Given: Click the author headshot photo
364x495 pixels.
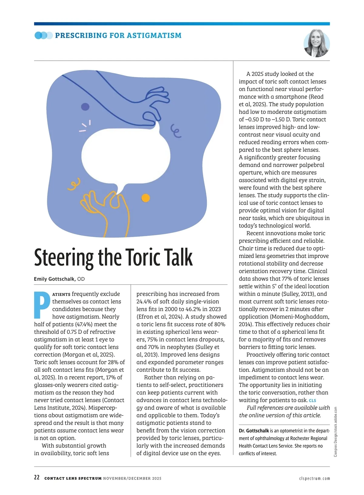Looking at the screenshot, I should coord(316,43).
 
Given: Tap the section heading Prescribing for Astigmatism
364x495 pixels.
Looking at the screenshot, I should coord(118,36).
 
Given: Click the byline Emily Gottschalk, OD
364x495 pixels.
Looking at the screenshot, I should coord(59,279).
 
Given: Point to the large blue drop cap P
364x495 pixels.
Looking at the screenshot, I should coord(42,305).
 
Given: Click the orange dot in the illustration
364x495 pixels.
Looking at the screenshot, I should coord(146,198).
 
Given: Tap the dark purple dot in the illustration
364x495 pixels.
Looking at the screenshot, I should coord(85,107).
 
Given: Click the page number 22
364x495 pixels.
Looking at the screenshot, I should coord(37,477).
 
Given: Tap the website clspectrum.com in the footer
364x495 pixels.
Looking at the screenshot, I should coord(314,478).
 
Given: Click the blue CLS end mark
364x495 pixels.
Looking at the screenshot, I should coord(312,401).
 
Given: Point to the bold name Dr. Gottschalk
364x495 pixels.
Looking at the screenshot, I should coord(254,431).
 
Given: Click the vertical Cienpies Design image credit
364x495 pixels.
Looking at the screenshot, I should coord(335,431).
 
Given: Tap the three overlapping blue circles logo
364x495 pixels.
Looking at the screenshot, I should coord(44,36).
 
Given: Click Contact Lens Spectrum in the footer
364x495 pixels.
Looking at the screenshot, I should coord(73,478).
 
